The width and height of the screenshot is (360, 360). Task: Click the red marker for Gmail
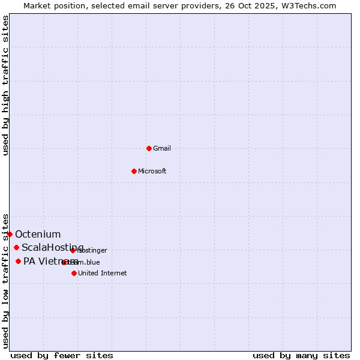coord(149,148)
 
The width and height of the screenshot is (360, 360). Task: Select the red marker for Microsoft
coord(134,171)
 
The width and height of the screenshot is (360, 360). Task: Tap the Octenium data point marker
coord(10,234)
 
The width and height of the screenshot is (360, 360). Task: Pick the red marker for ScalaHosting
coord(16,247)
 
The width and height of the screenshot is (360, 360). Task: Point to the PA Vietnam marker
coord(18,261)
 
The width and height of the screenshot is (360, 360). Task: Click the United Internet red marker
coord(74,273)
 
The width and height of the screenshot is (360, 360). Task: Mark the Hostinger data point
coord(73,250)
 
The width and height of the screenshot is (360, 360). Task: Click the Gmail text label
coord(162,148)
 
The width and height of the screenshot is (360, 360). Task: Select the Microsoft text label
coord(152,171)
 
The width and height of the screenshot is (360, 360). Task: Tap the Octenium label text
coord(38,234)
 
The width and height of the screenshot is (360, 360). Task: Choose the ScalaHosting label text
coord(53,247)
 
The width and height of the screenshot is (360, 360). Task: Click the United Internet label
coord(102,273)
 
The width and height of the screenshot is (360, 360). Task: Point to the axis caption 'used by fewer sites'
coord(62,355)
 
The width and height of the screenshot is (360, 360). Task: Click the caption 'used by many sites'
coord(301,355)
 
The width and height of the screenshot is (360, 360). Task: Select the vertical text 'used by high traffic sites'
coord(5,85)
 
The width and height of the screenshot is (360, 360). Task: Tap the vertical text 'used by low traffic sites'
coord(5,281)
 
